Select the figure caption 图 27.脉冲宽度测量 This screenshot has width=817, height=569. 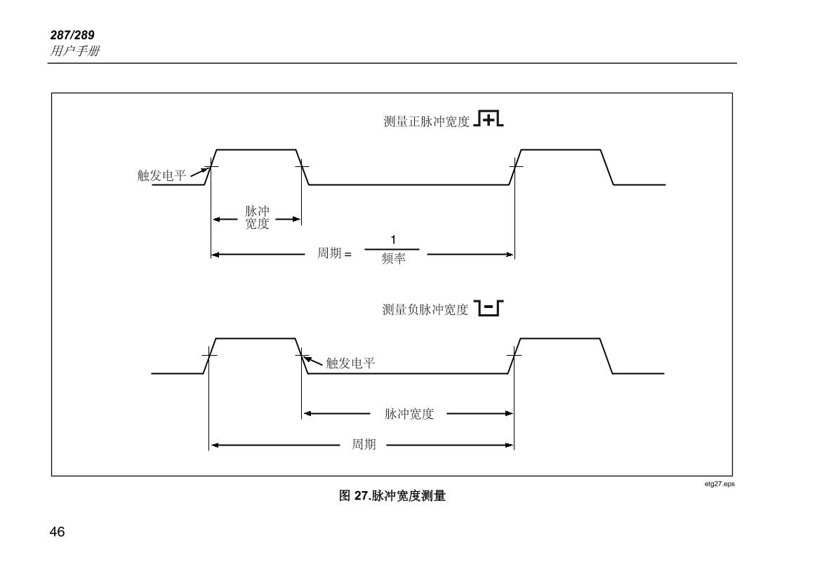click(392, 495)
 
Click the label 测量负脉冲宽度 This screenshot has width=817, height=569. click(425, 310)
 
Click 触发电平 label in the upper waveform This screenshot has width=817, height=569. click(161, 175)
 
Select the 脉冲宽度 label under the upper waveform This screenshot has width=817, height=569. click(257, 218)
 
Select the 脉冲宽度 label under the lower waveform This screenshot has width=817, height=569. click(409, 414)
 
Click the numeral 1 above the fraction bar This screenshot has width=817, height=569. click(393, 240)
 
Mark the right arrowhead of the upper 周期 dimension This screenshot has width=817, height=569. click(510, 254)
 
